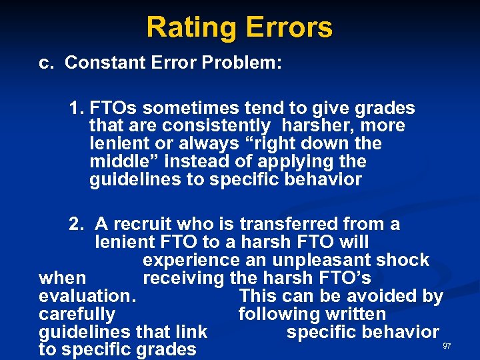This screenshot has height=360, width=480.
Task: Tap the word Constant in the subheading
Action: coord(101,63)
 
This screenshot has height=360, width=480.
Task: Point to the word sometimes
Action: coord(174,108)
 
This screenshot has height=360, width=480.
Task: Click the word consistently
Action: coord(216,126)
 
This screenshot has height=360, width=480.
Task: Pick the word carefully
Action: coord(77,314)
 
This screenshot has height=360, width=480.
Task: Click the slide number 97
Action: coord(447,346)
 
